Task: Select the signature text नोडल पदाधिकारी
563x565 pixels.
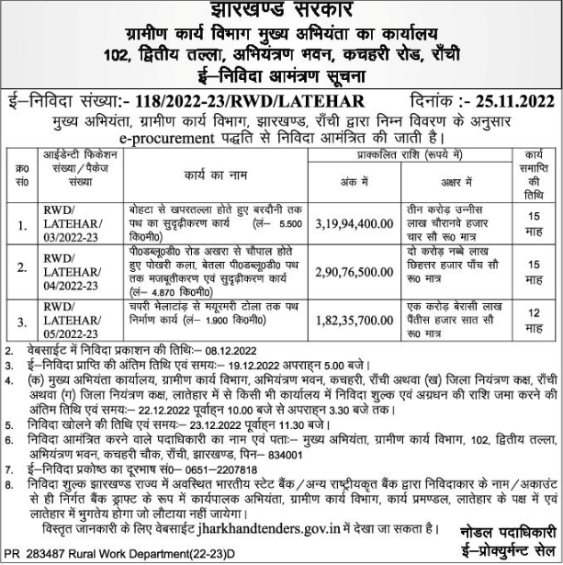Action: click(503, 533)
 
